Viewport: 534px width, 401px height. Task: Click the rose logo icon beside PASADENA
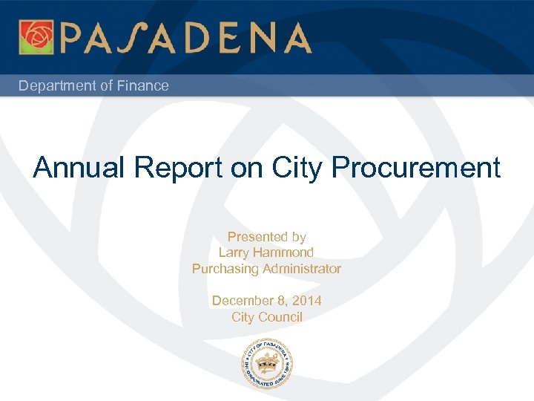tap(36, 37)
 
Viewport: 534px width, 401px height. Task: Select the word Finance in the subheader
tap(142, 86)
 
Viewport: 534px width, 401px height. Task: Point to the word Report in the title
tap(179, 169)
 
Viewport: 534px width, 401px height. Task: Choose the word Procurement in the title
tap(417, 169)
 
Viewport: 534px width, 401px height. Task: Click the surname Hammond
tap(284, 253)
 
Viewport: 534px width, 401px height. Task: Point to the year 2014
tap(306, 301)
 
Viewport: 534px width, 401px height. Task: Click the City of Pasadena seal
tap(267, 363)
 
